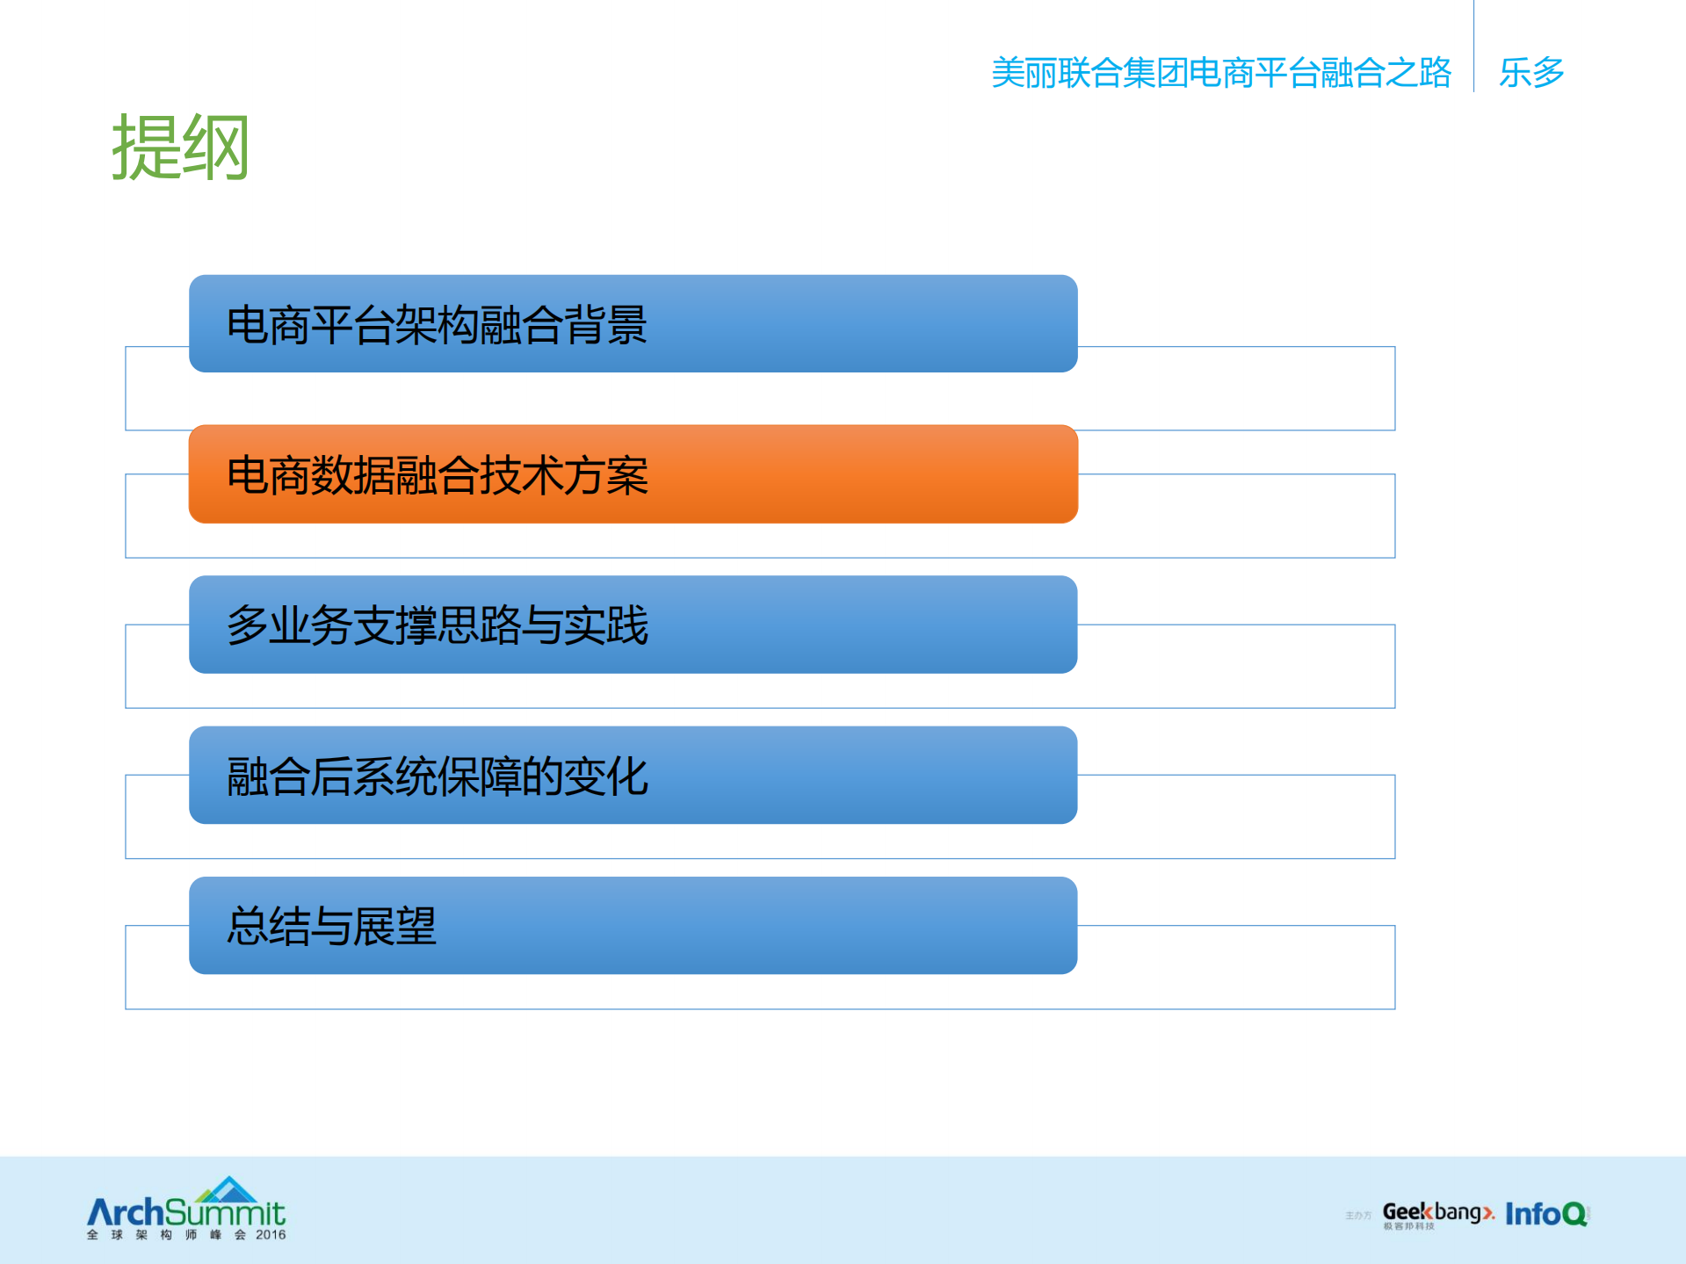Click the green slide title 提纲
coord(180,148)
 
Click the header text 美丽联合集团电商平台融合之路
coord(1220,73)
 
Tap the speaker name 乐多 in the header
coord(1530,73)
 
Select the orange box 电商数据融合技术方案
coord(633,474)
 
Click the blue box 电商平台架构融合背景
coord(633,324)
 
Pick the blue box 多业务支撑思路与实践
coord(633,625)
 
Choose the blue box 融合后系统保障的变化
coord(633,776)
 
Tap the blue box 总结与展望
coord(633,926)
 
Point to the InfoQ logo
coord(1545,1214)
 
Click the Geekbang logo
coord(1436,1212)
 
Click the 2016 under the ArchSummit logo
coord(271,1235)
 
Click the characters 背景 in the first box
coord(605,325)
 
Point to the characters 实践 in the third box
coord(605,625)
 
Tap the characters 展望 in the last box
coord(394,927)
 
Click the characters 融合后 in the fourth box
coord(289,776)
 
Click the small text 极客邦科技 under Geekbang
coord(1408,1226)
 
